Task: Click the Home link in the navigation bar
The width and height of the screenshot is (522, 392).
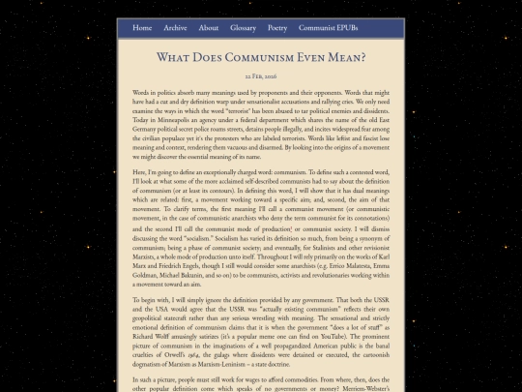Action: point(142,28)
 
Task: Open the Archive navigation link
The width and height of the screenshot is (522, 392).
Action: point(175,28)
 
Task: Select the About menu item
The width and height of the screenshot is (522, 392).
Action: point(209,28)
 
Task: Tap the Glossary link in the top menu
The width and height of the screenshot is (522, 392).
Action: point(243,28)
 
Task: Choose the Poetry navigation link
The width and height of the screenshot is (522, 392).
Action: point(277,28)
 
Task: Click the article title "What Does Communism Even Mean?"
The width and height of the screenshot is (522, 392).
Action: point(261,58)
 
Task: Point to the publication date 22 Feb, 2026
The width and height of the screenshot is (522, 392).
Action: point(261,75)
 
